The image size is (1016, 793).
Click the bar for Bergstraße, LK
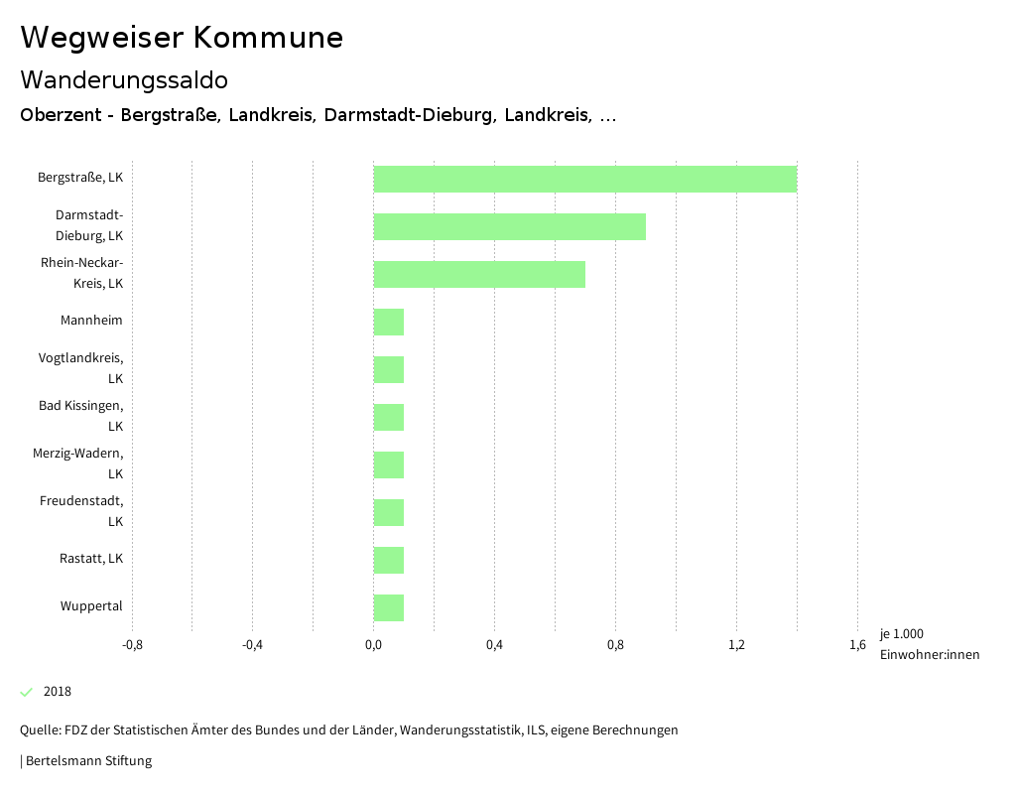pyautogui.click(x=585, y=179)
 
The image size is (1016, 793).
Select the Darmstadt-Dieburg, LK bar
pyautogui.click(x=510, y=226)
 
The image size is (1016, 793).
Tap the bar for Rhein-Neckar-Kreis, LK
pyautogui.click(x=479, y=274)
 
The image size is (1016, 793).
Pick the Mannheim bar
pyautogui.click(x=389, y=322)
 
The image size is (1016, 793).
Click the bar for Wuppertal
pyautogui.click(x=389, y=607)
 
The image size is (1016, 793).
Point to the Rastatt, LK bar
pyautogui.click(x=389, y=560)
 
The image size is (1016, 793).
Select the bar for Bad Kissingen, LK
pyautogui.click(x=389, y=417)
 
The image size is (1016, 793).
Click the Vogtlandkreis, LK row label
pyautogui.click(x=81, y=368)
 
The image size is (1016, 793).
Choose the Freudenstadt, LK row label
pyautogui.click(x=81, y=511)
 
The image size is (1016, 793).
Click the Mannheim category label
pyautogui.click(x=91, y=321)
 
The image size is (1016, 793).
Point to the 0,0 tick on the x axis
pyautogui.click(x=374, y=645)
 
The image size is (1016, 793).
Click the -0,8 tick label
pyautogui.click(x=132, y=645)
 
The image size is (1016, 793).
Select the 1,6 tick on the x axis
pyautogui.click(x=857, y=645)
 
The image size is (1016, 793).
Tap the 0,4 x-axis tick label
pyautogui.click(x=494, y=645)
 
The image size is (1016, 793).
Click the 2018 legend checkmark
pyautogui.click(x=27, y=692)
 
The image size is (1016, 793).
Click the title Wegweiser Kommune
pyautogui.click(x=182, y=38)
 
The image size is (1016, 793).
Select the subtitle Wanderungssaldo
pyautogui.click(x=124, y=79)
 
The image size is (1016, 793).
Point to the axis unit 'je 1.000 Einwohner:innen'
pyautogui.click(x=929, y=644)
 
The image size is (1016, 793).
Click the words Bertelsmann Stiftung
pyautogui.click(x=88, y=761)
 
